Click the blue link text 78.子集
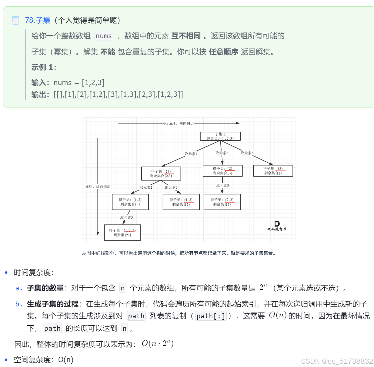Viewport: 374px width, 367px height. tap(38, 20)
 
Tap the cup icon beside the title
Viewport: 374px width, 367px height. tap(15, 20)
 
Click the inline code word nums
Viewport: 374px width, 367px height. tap(104, 36)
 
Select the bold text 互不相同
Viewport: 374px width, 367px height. tap(186, 36)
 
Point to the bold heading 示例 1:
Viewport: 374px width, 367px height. tap(44, 67)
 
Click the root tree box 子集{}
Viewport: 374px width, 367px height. tap(220, 136)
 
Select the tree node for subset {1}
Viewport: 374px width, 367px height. tap(161, 174)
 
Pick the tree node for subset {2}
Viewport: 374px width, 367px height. tap(223, 171)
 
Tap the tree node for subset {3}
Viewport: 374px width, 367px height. tap(273, 171)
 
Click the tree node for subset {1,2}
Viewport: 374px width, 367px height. tap(130, 202)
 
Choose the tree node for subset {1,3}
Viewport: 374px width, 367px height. tap(181, 202)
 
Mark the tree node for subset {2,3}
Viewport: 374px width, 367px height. tap(222, 202)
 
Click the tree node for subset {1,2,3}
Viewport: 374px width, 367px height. tap(122, 233)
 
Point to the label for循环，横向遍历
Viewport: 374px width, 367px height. tap(179, 124)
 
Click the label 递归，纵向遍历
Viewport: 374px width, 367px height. tap(98, 187)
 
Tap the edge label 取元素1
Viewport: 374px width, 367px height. tap(191, 154)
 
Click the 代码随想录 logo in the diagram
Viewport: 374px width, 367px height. tap(277, 226)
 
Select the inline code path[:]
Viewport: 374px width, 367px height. tap(211, 316)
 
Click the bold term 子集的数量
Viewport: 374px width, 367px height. tap(45, 288)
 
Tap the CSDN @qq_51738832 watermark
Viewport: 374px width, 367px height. tap(337, 361)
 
